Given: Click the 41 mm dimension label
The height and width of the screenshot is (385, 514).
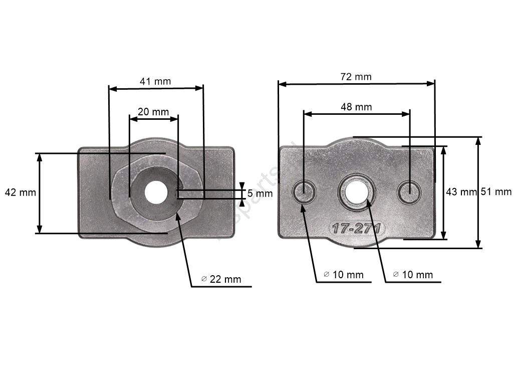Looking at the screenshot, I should (155, 81).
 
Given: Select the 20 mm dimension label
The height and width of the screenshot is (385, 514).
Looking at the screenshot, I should (153, 112).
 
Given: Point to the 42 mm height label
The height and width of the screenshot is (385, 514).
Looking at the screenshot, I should (20, 192).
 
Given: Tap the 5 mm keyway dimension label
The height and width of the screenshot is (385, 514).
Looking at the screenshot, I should (260, 192).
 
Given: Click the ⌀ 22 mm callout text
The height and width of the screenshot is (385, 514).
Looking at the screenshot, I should (221, 279).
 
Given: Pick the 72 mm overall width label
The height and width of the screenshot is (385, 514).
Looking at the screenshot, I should (356, 77).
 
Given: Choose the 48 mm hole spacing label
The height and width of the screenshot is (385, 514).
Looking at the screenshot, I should (356, 107).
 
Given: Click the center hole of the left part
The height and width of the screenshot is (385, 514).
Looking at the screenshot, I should (155, 192).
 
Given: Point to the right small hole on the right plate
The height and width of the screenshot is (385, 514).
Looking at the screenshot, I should (409, 191).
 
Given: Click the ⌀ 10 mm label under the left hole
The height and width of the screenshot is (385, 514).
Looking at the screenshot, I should (343, 275).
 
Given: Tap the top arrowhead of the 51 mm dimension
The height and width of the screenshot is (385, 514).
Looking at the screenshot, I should (479, 140).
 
